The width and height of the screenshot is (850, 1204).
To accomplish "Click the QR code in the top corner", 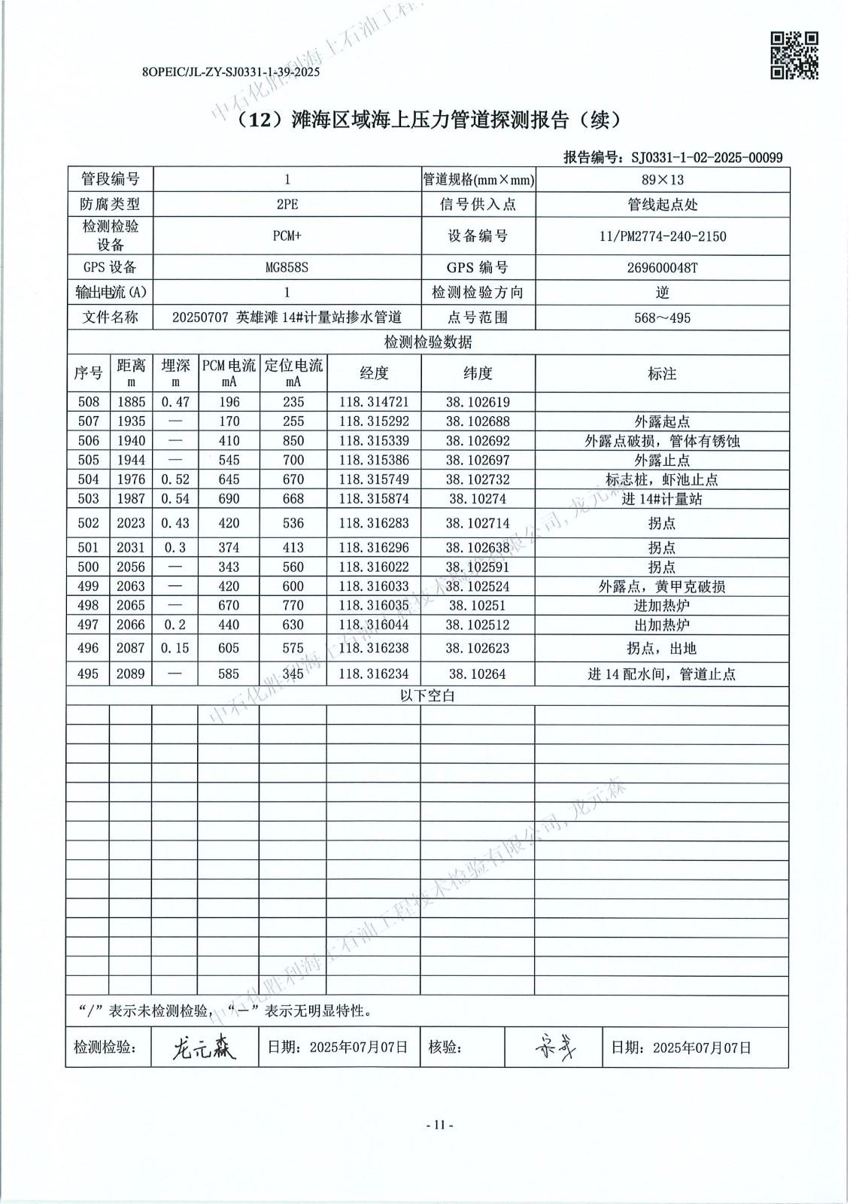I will point(795,55).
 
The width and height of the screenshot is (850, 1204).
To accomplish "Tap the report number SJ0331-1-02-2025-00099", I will point(706,157).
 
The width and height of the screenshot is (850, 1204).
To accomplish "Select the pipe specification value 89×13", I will point(662,180).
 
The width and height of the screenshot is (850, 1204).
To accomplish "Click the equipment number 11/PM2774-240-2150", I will point(662,236).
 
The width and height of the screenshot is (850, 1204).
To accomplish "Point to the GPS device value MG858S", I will point(287,267).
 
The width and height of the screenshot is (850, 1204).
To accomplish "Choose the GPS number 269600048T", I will point(662,267).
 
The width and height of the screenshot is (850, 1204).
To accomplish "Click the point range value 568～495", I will point(662,318).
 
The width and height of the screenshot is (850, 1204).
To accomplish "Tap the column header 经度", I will point(374,373).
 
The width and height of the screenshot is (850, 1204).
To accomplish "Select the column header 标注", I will point(662,373).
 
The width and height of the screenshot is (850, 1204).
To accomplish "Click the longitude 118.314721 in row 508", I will point(374,403).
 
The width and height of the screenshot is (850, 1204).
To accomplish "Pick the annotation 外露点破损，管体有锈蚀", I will point(662,441).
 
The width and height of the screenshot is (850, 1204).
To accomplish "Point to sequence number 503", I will point(88,499).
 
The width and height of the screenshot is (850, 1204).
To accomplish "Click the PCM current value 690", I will point(229,499).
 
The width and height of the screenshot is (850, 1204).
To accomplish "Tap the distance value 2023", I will point(131,523).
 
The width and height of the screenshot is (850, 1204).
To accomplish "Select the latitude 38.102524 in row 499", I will point(477,586).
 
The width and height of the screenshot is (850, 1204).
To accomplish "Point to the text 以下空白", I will point(427,696).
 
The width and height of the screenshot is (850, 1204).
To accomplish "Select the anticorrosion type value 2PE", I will point(287,205).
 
